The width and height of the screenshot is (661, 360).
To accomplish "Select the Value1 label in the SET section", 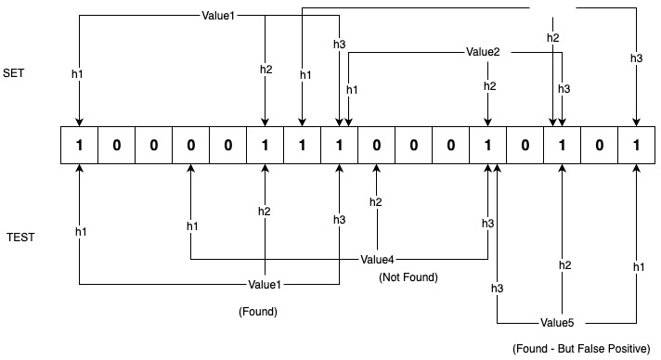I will point(217,16).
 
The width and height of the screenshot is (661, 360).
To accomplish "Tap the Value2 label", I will point(483,53).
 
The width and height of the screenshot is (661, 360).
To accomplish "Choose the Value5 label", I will point(557,323).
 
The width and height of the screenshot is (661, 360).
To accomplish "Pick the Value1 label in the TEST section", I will point(266,284).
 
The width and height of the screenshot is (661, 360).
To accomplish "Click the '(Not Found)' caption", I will point(408,277).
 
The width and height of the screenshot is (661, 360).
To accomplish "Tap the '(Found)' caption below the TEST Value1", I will point(258,312).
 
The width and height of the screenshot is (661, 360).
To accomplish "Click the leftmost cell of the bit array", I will point(79,146).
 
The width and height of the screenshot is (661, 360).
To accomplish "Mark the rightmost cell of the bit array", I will point(636,146).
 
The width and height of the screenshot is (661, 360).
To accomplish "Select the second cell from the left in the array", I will point(116,146).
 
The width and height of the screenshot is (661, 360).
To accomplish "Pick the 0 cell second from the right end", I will point(599,146).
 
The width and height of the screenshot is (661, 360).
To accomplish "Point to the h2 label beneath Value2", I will point(489,86).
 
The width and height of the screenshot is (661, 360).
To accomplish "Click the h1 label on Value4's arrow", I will point(192,226).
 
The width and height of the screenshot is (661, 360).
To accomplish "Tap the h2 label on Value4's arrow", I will point(375,202).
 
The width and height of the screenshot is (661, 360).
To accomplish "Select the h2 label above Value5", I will point(564,265).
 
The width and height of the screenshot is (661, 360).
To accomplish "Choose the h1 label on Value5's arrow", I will point(639,266).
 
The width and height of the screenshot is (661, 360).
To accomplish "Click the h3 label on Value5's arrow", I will point(498,288).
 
